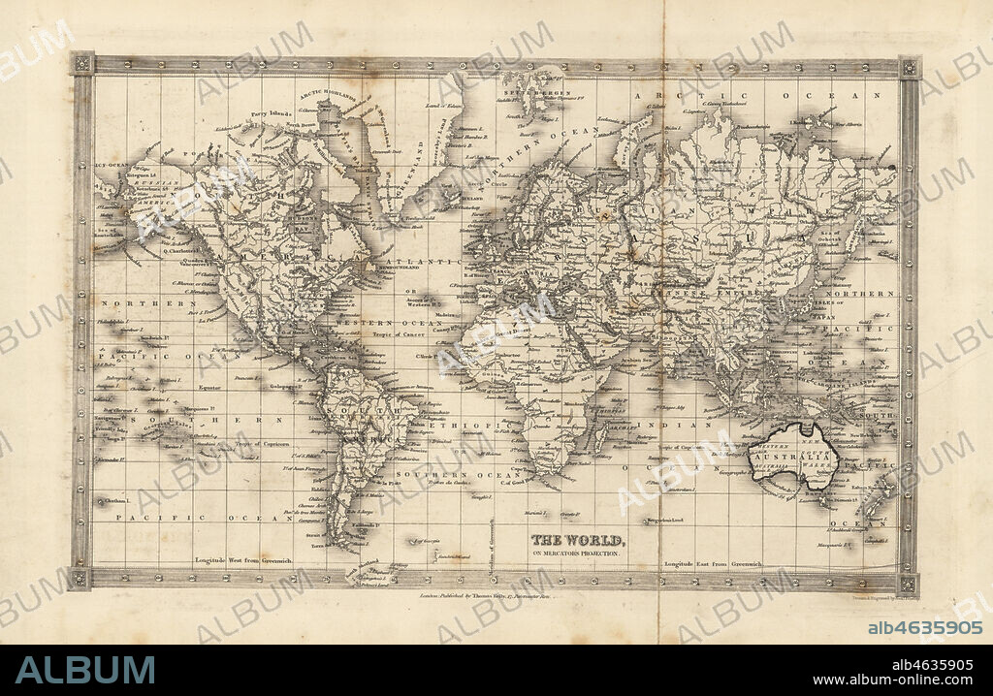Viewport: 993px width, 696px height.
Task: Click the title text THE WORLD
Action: tap(578, 540)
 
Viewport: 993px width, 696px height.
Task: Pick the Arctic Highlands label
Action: tap(326, 95)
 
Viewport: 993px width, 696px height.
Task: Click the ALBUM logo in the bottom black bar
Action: tap(85, 670)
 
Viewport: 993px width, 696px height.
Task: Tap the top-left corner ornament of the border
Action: tap(82, 64)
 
